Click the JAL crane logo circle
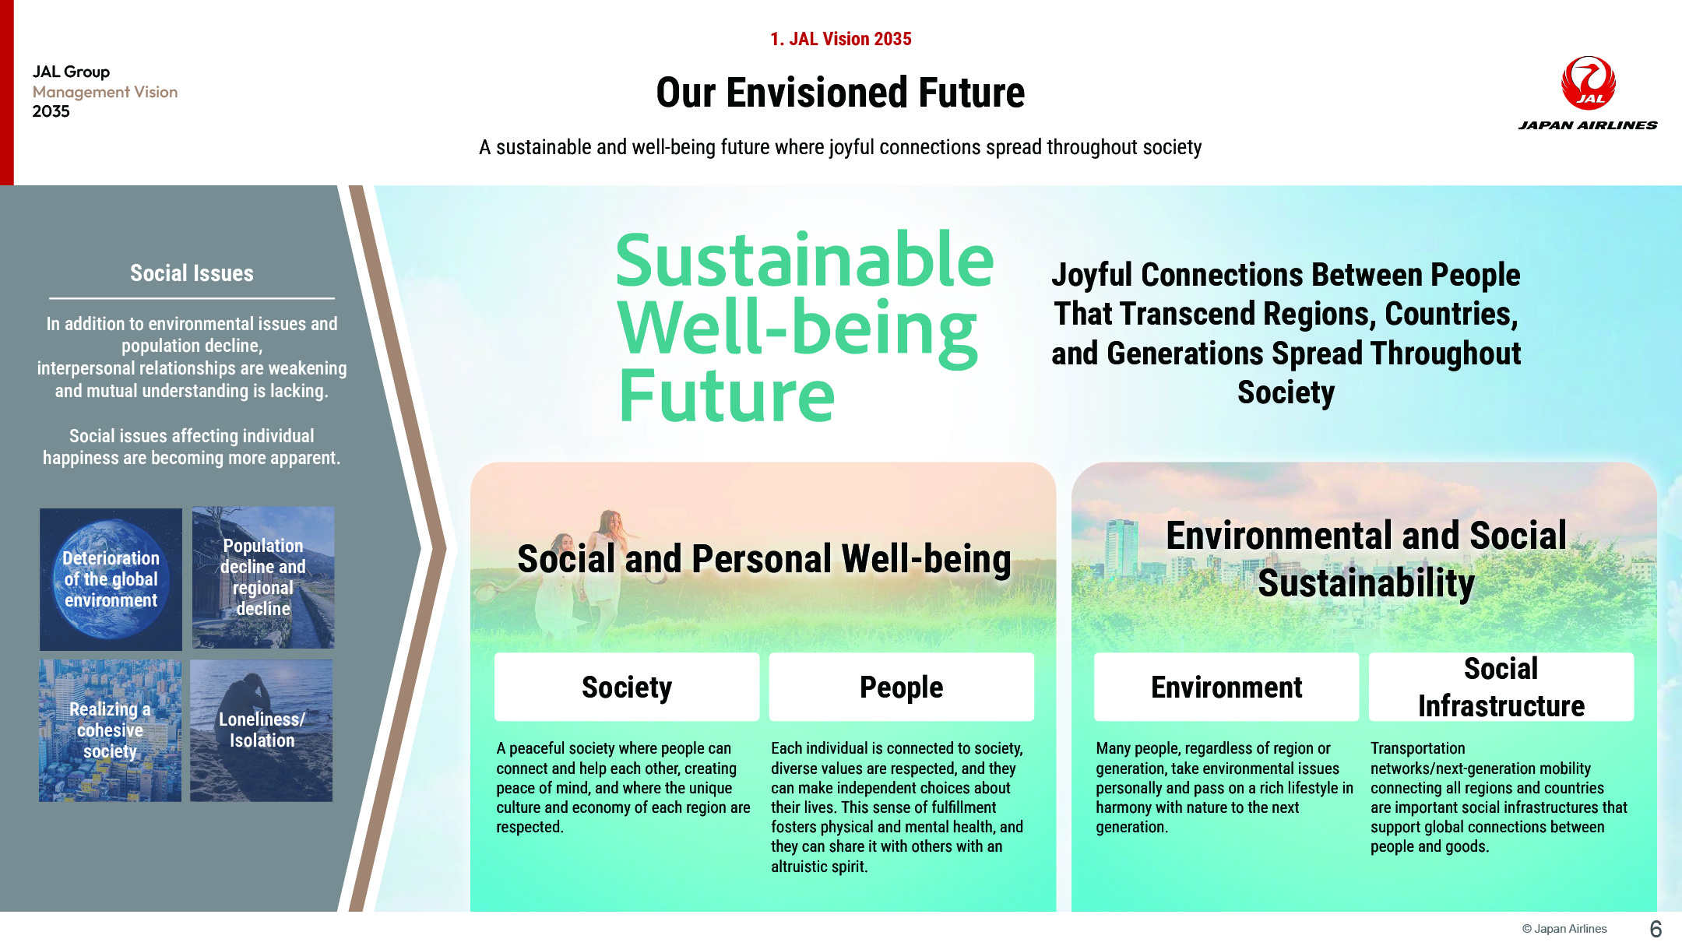click(x=1588, y=83)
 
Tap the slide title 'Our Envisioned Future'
click(x=840, y=93)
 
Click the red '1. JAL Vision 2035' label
click(x=840, y=39)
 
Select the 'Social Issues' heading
click(x=192, y=273)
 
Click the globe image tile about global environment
click(x=111, y=579)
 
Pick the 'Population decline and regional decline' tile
click(x=263, y=578)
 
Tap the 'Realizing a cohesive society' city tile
click(x=110, y=730)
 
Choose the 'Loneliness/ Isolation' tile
click(x=262, y=730)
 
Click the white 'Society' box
click(x=627, y=687)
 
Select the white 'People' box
click(x=902, y=687)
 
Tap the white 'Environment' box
click(x=1226, y=687)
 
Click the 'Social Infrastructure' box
click(x=1501, y=687)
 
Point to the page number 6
click(x=1656, y=929)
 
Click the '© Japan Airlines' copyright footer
click(x=1564, y=929)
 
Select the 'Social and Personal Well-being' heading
click(x=764, y=559)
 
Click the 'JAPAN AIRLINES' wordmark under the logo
click(x=1588, y=125)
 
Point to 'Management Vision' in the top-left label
click(x=105, y=92)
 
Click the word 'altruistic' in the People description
click(x=805, y=867)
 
